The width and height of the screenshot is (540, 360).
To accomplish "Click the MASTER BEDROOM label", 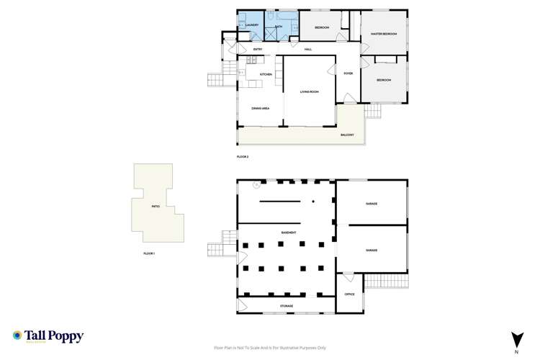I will tap(384, 34).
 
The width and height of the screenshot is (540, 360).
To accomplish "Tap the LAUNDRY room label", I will tap(251, 25).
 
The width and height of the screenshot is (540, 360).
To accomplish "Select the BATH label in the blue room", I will tap(278, 26).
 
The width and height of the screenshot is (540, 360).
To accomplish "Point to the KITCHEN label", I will tap(266, 74).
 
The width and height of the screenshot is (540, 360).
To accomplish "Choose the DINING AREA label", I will tap(260, 108).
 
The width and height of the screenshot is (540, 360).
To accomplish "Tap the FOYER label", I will tap(348, 73).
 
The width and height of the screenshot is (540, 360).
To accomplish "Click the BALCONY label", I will tap(348, 135).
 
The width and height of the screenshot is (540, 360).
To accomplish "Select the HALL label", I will tap(307, 50).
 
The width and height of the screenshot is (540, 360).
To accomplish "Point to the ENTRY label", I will tap(257, 50).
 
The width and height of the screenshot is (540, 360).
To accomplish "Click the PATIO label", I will tap(155, 206).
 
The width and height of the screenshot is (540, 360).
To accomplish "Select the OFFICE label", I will tap(350, 294).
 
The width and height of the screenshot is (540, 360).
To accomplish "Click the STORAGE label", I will tap(287, 306).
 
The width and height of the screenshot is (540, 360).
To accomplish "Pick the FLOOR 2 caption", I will tap(243, 157).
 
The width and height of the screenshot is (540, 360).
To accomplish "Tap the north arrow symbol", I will tap(516, 338).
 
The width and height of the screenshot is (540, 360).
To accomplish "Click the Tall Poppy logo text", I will tap(54, 336).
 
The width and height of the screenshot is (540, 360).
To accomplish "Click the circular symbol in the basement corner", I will tap(256, 184).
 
